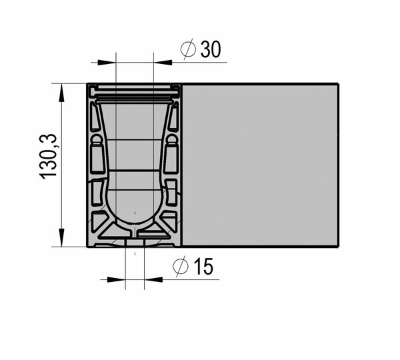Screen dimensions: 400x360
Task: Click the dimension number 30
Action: pos(211,49)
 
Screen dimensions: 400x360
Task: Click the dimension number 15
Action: pos(203,267)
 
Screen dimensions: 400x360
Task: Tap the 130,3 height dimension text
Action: pos(48,156)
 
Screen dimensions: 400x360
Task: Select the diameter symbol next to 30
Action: pos(188,49)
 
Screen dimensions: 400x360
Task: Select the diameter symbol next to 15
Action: pos(181,267)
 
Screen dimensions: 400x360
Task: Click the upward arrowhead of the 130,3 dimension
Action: pos(61,93)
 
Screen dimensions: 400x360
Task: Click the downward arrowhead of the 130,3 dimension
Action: pos(61,237)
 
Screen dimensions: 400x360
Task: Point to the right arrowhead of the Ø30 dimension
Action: pos(163,62)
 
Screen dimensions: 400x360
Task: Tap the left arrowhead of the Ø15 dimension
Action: pos(116,279)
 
